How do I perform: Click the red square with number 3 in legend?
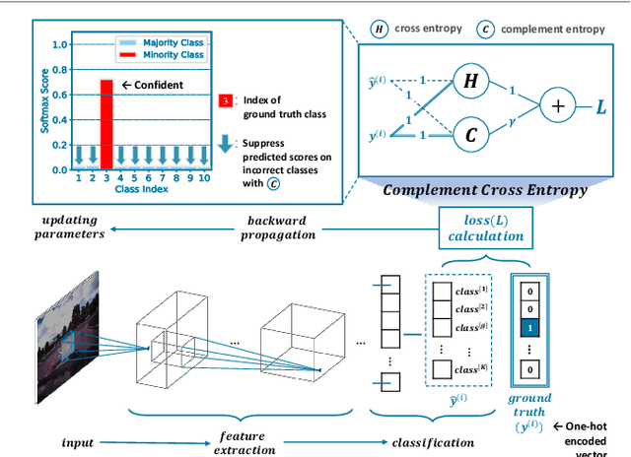click(225, 100)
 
